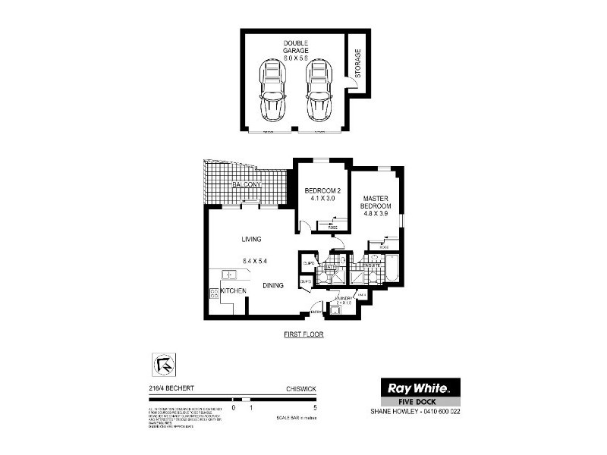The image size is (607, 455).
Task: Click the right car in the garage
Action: (x=319, y=91)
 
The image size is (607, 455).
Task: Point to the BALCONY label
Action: (x=247, y=185)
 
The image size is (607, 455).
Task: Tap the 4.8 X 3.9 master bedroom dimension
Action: (x=376, y=215)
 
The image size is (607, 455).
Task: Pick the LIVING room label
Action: (x=251, y=240)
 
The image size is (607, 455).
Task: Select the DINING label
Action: (x=273, y=286)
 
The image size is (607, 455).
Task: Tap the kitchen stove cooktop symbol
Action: (x=214, y=293)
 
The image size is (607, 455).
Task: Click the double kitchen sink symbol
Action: (x=227, y=274)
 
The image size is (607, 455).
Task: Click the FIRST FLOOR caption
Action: (x=303, y=334)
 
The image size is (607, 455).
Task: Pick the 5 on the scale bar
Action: (x=314, y=408)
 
